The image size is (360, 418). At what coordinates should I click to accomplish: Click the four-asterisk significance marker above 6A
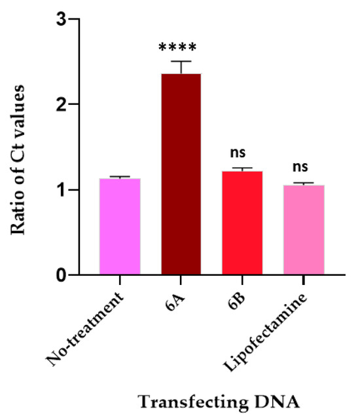tap(181, 48)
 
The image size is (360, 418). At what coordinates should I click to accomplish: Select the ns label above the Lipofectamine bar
tap(304, 167)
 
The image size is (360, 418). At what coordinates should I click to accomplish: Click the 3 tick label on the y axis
tap(60, 19)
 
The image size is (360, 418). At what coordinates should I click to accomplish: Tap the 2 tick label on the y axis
tap(60, 104)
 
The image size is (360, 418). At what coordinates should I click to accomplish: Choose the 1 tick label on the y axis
tap(60, 190)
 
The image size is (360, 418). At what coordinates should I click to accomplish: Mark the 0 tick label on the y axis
tap(60, 275)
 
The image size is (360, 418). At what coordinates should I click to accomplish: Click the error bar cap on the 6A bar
tap(181, 62)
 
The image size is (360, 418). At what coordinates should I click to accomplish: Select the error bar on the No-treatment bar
tap(120, 177)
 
